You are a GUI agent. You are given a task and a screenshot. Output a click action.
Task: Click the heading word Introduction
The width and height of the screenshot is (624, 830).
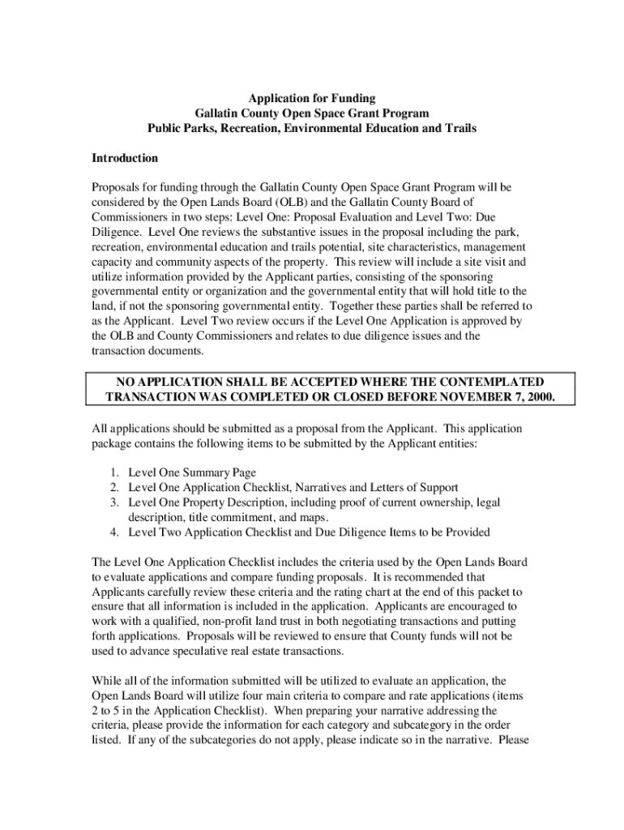click(125, 158)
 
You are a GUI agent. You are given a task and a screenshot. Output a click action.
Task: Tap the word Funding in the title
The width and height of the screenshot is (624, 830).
click(353, 99)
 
